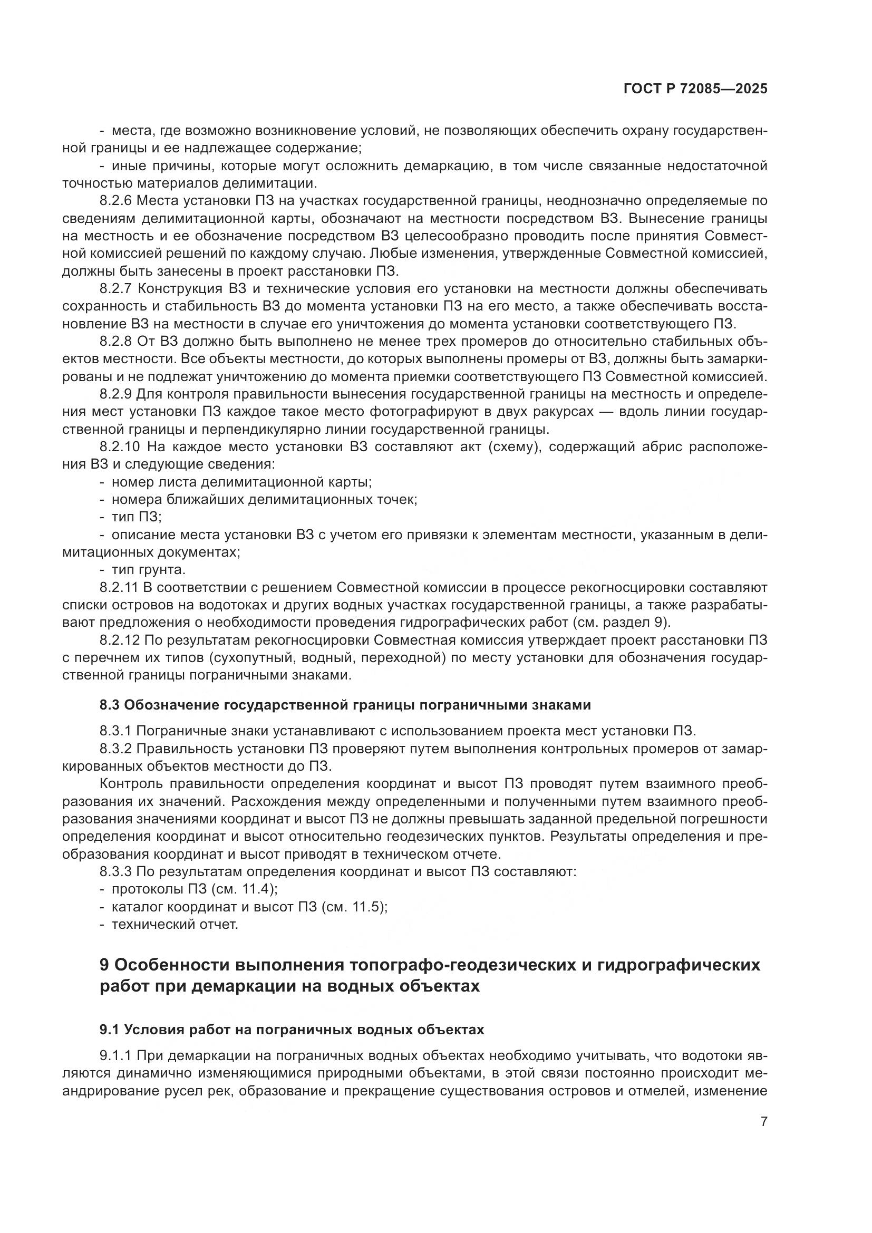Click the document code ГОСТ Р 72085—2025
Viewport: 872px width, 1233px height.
tap(695, 89)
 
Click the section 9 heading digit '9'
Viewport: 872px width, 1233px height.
tap(105, 965)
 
